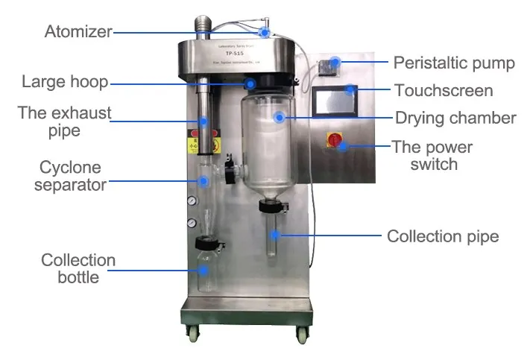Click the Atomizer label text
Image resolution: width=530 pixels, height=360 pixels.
pyautogui.click(x=78, y=32)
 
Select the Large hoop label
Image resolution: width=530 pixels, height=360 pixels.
pyautogui.click(x=66, y=82)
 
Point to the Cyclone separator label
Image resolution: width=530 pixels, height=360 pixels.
pyautogui.click(x=71, y=176)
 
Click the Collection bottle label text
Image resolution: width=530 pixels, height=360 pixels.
pyautogui.click(x=78, y=268)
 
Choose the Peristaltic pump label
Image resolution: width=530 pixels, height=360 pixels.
pyautogui.click(x=453, y=63)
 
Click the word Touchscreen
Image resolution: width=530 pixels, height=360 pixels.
pyautogui.click(x=444, y=91)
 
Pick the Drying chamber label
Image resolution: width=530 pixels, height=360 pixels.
pyautogui.click(x=455, y=118)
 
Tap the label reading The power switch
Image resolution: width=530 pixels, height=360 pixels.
pyautogui.click(x=434, y=155)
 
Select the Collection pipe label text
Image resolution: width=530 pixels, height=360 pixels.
pyautogui.click(x=443, y=236)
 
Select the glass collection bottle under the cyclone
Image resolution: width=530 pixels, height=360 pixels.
pyautogui.click(x=204, y=268)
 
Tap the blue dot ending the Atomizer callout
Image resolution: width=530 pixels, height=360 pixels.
pyautogui.click(x=265, y=32)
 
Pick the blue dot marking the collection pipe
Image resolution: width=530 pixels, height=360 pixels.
pyautogui.click(x=275, y=235)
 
